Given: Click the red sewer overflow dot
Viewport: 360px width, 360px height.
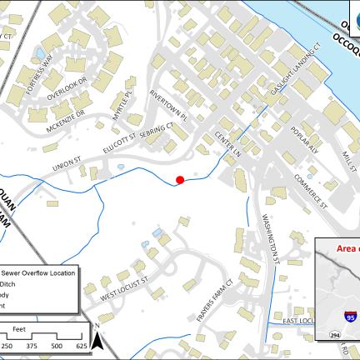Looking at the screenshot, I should [180, 179].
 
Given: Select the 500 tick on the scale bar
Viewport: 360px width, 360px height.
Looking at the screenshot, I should [57, 345].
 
